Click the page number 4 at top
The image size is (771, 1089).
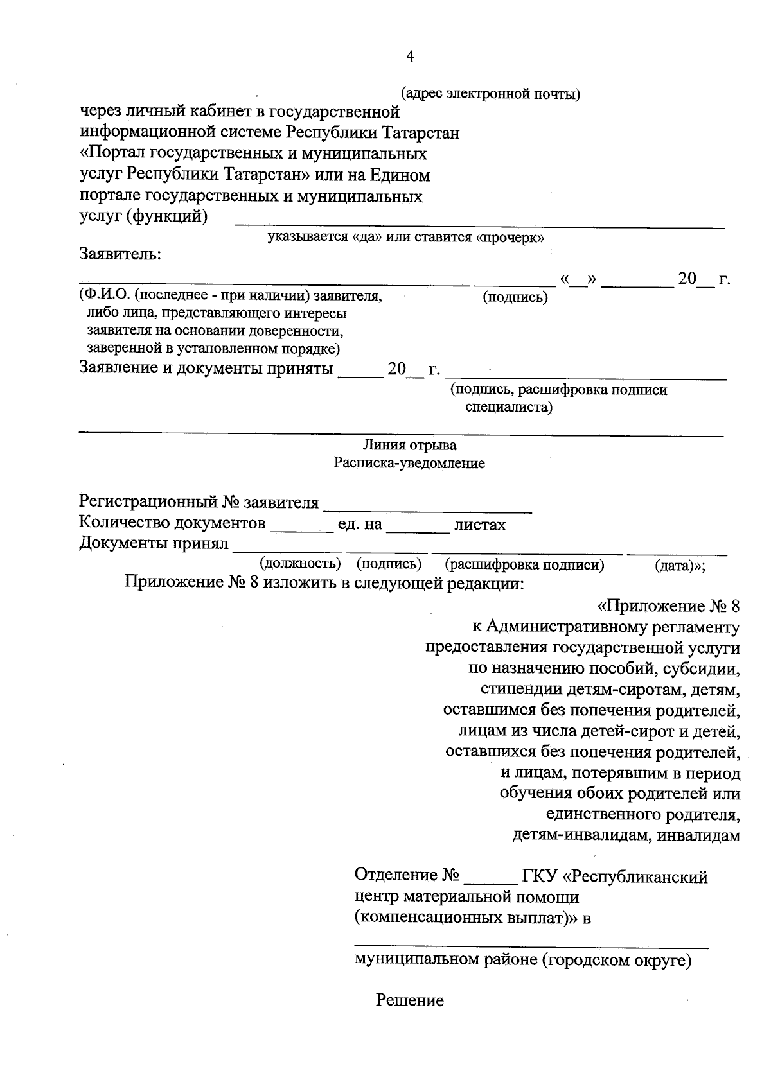[x=410, y=57]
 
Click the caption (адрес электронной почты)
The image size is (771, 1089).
[x=490, y=94]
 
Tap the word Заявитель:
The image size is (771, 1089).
[x=120, y=254]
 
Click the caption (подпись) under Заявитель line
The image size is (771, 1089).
[x=515, y=297]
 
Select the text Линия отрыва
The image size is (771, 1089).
[x=410, y=445]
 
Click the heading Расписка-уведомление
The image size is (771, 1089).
[x=409, y=463]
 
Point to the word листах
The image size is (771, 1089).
[x=480, y=525]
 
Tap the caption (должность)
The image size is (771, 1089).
[x=299, y=564]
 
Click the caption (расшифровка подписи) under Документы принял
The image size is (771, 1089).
[x=524, y=565]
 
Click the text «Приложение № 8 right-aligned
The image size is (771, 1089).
[x=669, y=606]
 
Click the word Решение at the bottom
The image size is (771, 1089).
[x=410, y=1000]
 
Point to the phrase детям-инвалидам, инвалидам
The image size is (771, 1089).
[x=626, y=835]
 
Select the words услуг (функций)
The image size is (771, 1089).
[x=143, y=217]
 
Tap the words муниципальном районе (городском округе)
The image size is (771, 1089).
[x=523, y=961]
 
